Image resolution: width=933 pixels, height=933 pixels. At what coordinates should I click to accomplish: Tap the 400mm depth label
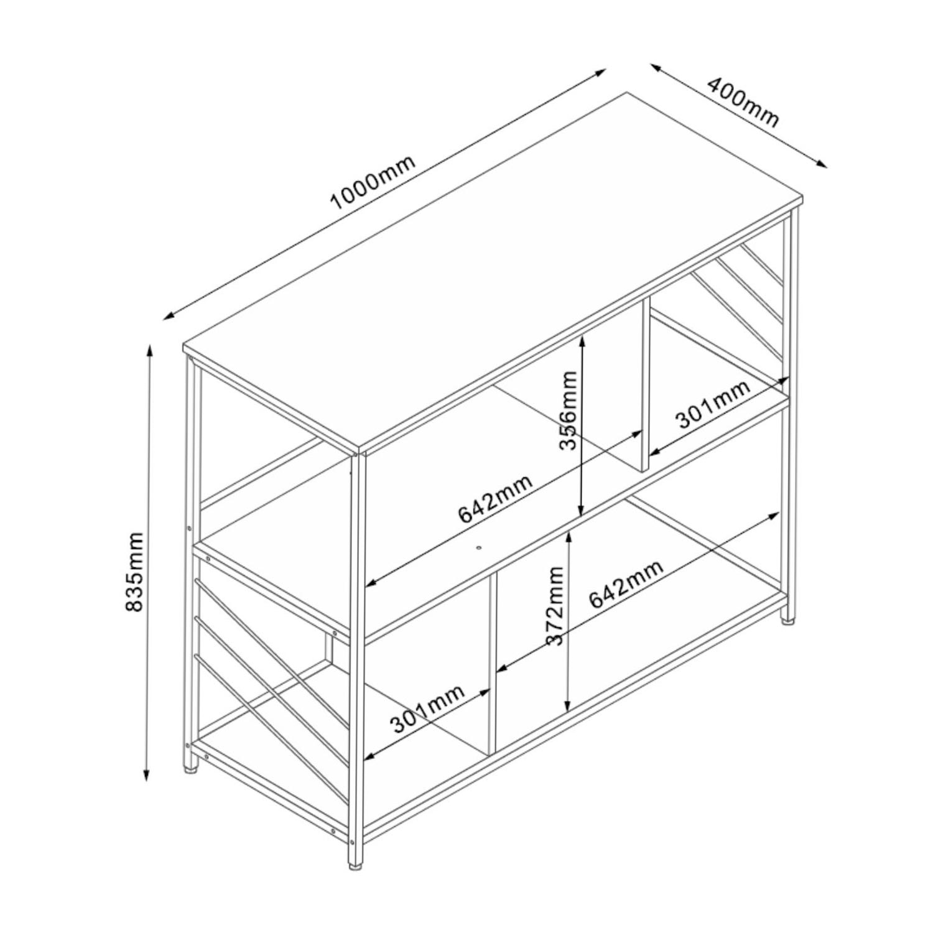[742, 101]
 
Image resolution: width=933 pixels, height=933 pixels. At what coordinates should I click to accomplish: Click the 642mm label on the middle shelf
[496, 499]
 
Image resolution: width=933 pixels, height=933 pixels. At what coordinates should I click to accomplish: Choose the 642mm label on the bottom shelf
[626, 583]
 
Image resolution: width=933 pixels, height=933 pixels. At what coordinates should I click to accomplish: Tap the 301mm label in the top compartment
[713, 404]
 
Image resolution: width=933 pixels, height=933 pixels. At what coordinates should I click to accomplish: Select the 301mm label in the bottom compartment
[427, 708]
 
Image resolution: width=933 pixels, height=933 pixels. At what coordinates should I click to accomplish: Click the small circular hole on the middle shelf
[479, 548]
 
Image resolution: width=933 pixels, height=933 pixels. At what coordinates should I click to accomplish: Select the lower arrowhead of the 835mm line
[147, 774]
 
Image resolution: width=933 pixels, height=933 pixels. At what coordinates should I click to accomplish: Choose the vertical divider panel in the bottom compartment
[493, 662]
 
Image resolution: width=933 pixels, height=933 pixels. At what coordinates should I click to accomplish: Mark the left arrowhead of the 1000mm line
[169, 316]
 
